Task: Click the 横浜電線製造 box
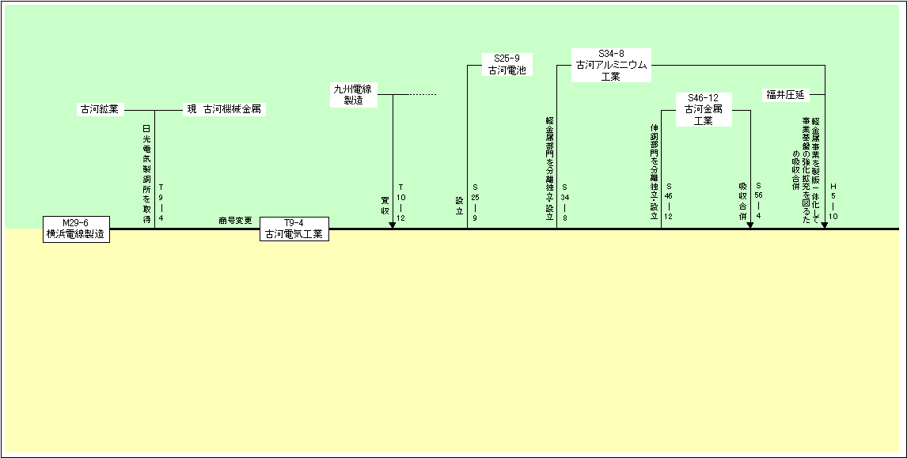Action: [x=76, y=229]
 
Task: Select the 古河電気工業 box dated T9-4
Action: [x=294, y=229]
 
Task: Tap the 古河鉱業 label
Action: [x=100, y=110]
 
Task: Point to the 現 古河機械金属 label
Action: [x=224, y=110]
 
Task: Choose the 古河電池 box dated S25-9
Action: [x=507, y=64]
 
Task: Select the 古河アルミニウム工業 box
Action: [x=612, y=65]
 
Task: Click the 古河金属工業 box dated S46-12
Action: [x=704, y=109]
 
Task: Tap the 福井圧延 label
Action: [x=785, y=94]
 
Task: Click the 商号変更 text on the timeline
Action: [x=235, y=220]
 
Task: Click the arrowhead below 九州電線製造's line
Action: [x=393, y=225]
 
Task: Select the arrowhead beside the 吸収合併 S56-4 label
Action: [x=750, y=225]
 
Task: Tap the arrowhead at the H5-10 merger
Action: [x=825, y=225]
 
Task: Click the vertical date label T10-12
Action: [x=401, y=203]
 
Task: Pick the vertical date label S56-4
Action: [x=758, y=199]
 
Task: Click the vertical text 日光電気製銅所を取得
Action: [x=146, y=174]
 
